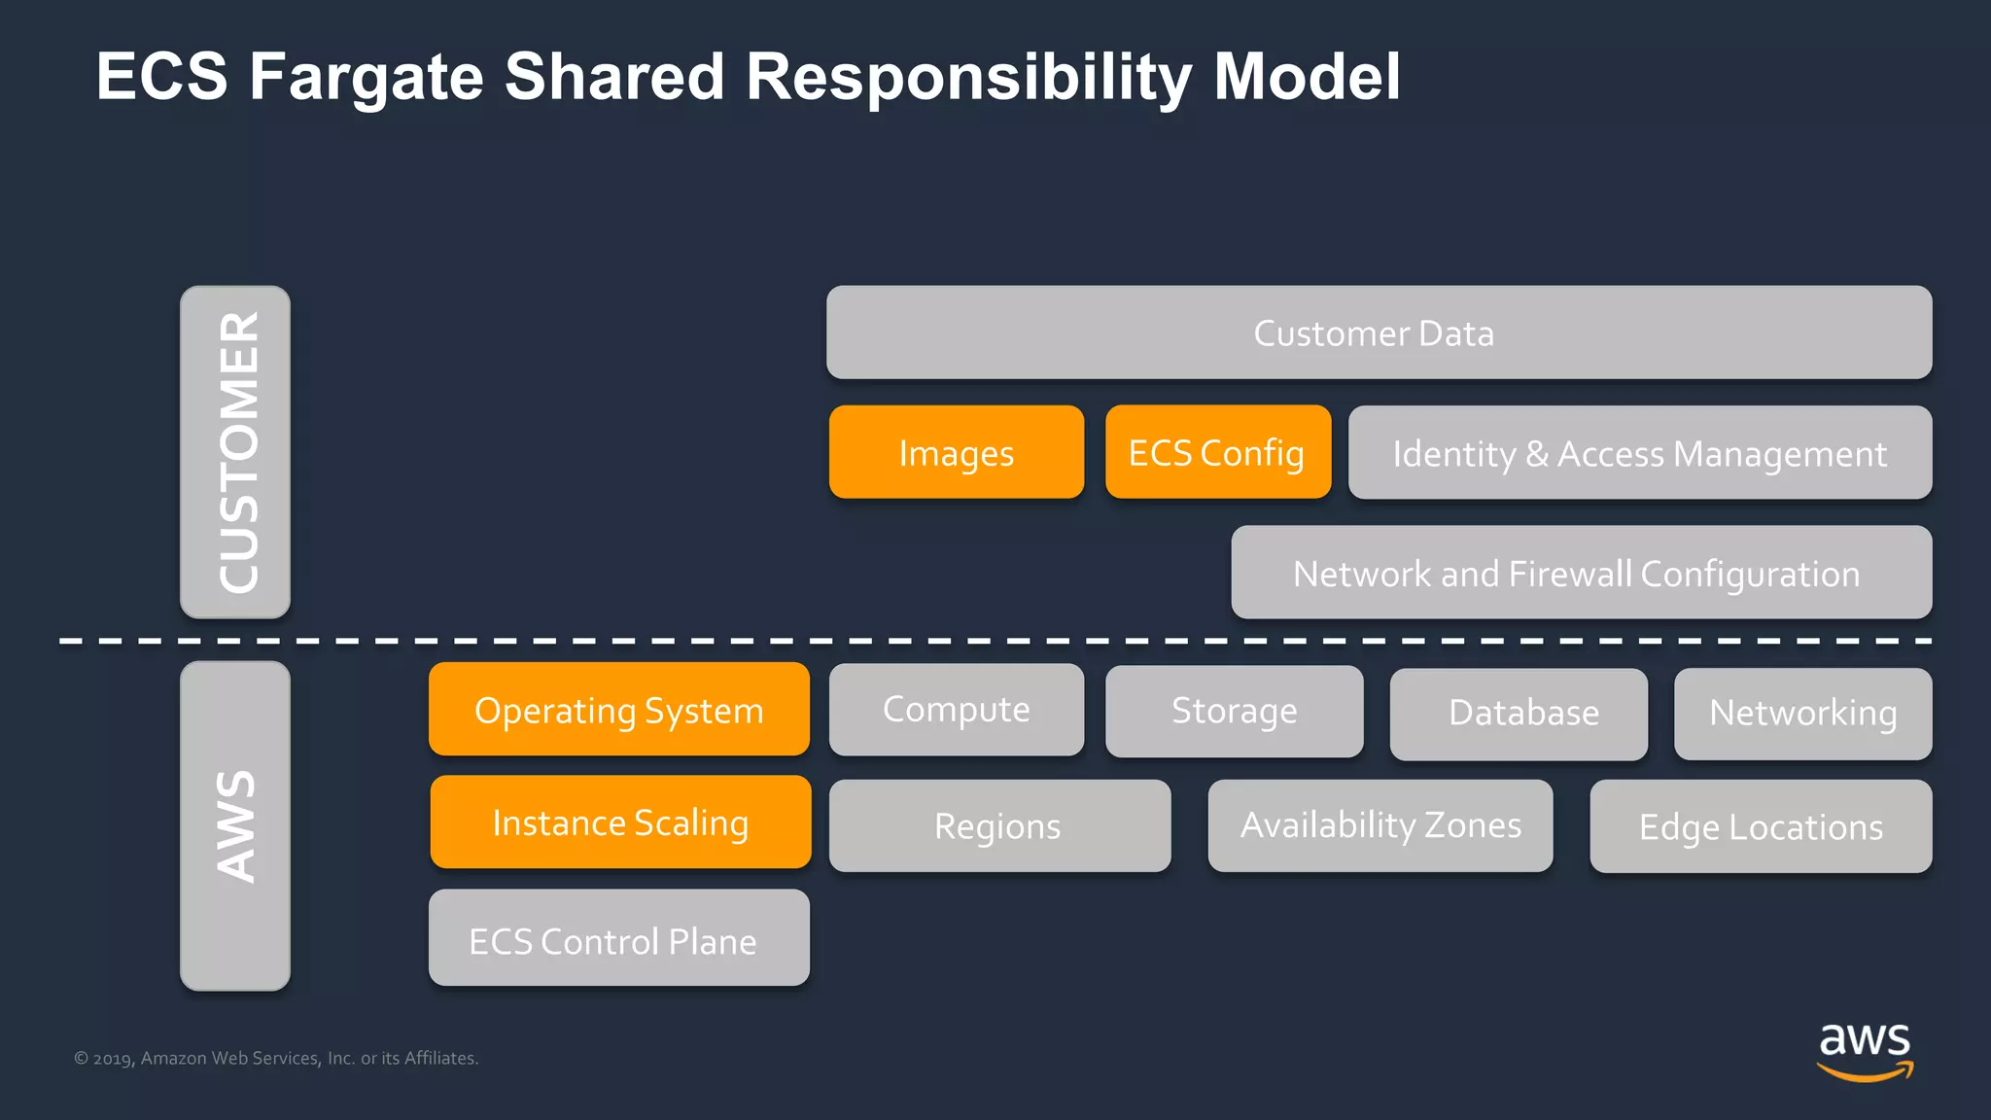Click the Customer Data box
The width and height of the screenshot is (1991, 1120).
(x=1379, y=332)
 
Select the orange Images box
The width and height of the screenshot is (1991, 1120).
(x=956, y=452)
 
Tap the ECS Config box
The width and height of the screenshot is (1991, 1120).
(x=1217, y=452)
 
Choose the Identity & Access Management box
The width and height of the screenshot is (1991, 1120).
(x=1639, y=453)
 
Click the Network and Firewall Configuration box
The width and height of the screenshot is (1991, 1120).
(x=1581, y=573)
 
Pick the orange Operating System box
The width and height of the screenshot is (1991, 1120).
(x=619, y=710)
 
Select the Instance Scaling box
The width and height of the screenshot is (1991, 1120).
(x=620, y=822)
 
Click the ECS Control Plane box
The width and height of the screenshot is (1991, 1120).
(x=618, y=939)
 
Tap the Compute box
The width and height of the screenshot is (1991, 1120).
(x=956, y=710)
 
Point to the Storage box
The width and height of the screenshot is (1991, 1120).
(x=1234, y=712)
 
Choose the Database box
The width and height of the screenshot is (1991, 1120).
(x=1519, y=714)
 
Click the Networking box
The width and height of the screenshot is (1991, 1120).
(x=1802, y=714)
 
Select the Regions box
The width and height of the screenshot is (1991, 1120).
(x=999, y=826)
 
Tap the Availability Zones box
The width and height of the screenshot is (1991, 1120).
(x=1380, y=825)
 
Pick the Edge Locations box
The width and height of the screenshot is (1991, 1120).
(x=1761, y=827)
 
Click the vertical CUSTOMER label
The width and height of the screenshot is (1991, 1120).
(x=235, y=452)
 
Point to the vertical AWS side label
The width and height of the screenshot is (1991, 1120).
(x=235, y=826)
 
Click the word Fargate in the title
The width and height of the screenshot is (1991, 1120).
(x=367, y=77)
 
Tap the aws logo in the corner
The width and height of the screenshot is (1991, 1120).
(x=1864, y=1051)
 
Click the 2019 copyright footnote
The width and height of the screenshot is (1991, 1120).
(x=276, y=1058)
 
